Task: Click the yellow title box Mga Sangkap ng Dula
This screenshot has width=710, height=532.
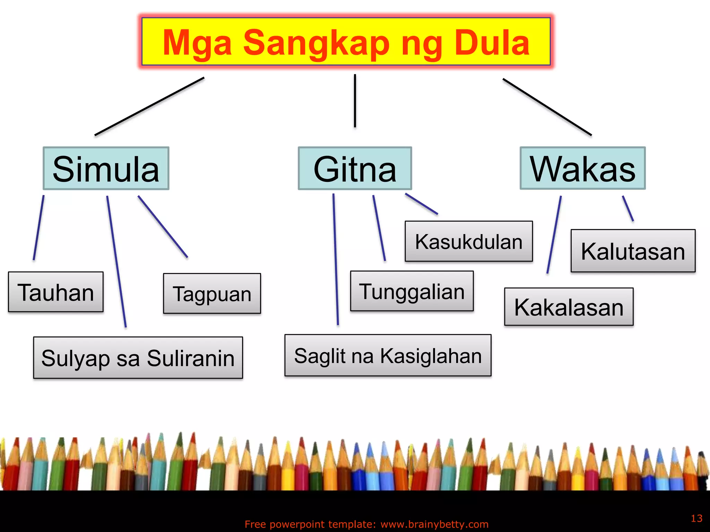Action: (x=346, y=42)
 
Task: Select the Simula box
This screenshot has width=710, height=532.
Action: (x=106, y=169)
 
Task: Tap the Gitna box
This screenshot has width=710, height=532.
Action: (x=355, y=169)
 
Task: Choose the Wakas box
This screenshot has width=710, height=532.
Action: (x=583, y=168)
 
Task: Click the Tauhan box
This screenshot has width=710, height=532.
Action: (x=56, y=292)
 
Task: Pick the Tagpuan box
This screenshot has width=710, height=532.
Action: (x=212, y=294)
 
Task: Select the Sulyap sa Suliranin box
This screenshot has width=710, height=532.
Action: (x=138, y=358)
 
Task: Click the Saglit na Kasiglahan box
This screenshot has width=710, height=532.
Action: (x=388, y=355)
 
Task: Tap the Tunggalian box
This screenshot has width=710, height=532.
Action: (x=412, y=291)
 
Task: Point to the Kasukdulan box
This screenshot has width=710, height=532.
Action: (x=469, y=241)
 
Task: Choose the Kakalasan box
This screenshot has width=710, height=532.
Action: (x=569, y=307)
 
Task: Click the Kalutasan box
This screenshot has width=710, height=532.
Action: (x=633, y=251)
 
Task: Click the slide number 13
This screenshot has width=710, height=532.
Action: (x=696, y=518)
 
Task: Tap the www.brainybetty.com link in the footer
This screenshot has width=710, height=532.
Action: (x=434, y=524)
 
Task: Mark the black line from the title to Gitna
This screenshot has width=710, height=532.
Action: (x=355, y=100)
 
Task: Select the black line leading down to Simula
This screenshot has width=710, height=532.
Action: (x=149, y=106)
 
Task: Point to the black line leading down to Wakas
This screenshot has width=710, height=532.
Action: (x=547, y=107)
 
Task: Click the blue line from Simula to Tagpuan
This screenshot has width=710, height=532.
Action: (x=163, y=227)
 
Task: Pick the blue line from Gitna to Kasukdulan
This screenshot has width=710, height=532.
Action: (x=422, y=204)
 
